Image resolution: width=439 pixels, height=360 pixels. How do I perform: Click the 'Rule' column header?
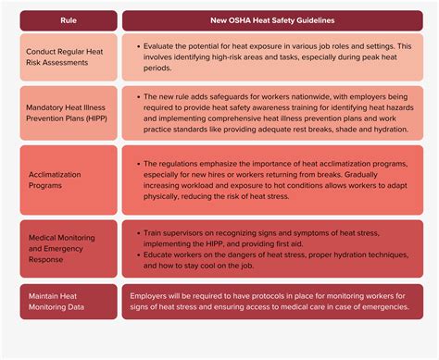pyautogui.click(x=69, y=20)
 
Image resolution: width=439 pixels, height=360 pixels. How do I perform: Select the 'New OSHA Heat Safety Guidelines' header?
pyautogui.click(x=272, y=20)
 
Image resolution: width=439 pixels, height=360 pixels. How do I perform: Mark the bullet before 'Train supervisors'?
pyautogui.click(x=136, y=232)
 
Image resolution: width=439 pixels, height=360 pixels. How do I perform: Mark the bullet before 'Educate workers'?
pyautogui.click(x=136, y=254)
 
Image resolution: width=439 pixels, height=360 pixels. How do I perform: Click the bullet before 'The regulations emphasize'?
pyautogui.click(x=136, y=164)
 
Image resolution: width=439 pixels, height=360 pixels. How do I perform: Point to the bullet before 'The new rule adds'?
pyautogui.click(x=136, y=96)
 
